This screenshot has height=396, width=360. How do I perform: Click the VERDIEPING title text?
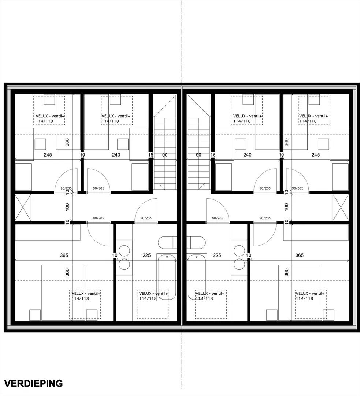[33, 384]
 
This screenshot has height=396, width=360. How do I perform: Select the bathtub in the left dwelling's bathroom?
[167, 277]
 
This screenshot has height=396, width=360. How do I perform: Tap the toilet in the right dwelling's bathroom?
[196, 243]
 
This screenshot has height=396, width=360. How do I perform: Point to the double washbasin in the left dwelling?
[124, 258]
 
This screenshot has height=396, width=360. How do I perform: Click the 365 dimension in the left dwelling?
[64, 255]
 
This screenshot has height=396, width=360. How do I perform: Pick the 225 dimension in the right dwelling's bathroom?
[217, 255]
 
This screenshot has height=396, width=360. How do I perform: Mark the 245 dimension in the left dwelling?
[48, 155]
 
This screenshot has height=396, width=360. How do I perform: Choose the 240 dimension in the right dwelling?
[247, 155]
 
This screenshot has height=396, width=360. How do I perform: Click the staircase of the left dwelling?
[165, 142]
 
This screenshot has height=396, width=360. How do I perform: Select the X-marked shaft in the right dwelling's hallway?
[341, 207]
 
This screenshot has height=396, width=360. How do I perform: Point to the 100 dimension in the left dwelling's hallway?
[67, 207]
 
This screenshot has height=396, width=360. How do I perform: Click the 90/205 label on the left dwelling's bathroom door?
[146, 218]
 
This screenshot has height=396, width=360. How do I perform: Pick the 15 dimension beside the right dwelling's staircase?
[213, 155]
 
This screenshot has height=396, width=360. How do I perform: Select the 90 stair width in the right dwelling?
[198, 155]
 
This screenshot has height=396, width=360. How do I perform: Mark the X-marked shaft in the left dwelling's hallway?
[23, 207]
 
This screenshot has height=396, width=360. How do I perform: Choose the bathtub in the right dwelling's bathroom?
[197, 277]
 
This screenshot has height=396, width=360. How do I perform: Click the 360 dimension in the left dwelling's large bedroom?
[67, 272]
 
